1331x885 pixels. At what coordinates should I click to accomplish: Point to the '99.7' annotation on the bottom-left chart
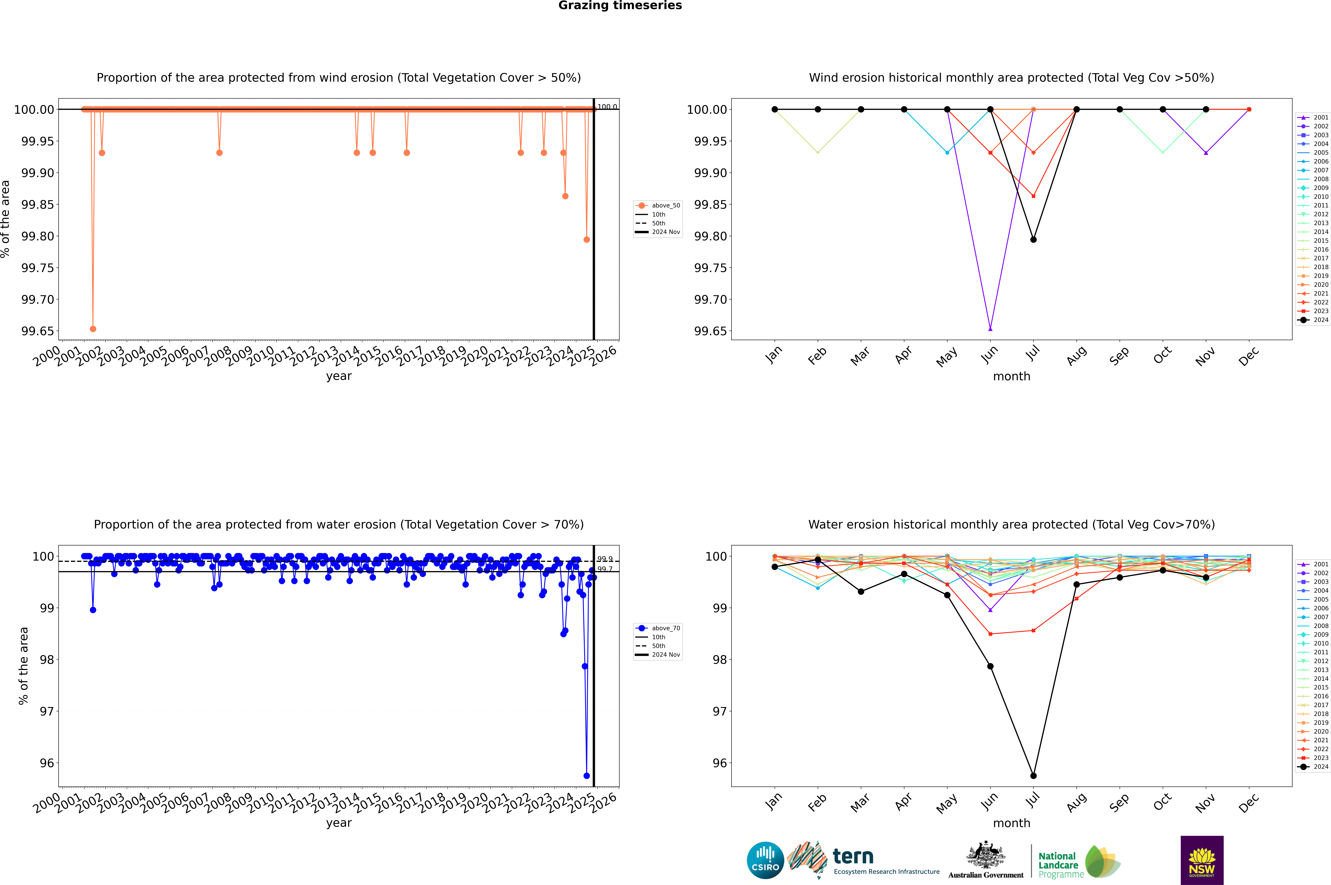click(605, 569)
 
